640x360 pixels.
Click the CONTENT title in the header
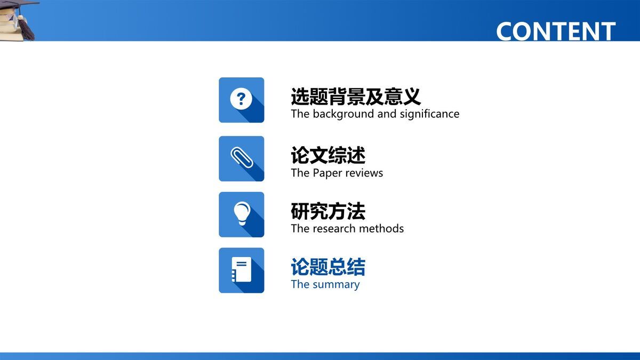556,31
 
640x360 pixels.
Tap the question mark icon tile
242,100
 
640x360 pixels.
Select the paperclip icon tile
242,158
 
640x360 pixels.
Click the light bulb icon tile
242,214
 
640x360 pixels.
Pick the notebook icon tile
242,270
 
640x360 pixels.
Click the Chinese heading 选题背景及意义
356,97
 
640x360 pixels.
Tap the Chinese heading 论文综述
328,156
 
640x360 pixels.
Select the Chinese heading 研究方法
328,212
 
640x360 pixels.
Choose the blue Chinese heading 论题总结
328,267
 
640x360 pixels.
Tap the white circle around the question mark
241,99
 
